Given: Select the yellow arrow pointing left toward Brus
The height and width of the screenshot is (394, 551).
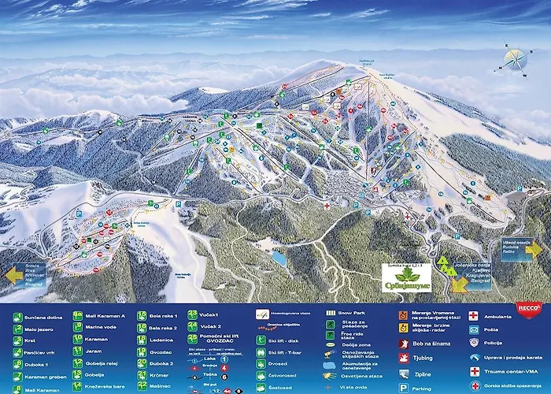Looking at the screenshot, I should (16, 276).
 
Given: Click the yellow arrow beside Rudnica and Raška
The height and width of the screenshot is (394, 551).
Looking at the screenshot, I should (534, 249).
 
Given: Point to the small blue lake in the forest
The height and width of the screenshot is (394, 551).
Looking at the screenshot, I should (279, 258).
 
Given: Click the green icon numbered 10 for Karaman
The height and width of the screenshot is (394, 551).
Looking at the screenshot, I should (79, 340).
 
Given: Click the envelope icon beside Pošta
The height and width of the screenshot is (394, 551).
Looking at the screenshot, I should (475, 327).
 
